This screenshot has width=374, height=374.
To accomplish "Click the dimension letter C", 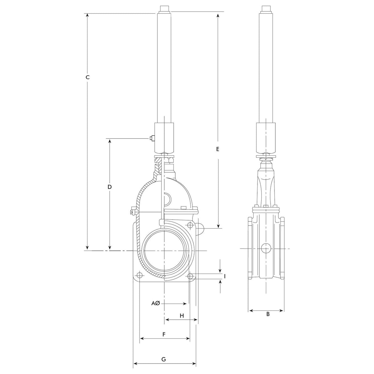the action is point(87,77).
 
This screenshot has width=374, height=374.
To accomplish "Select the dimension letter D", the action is point(110,187).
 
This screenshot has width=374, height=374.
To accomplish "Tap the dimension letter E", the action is point(218,149).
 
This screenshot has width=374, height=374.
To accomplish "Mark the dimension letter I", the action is point(225,276).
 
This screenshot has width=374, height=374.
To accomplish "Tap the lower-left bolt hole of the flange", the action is point(139,275).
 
